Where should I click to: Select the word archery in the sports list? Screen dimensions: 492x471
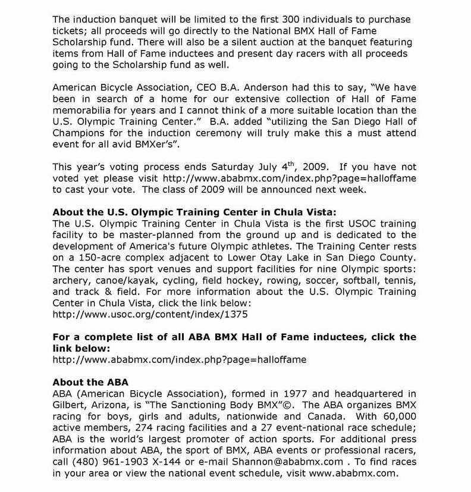tap(71, 280)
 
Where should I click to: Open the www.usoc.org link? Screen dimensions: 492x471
tap(150, 314)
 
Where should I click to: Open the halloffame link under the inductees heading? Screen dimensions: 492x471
tap(179, 359)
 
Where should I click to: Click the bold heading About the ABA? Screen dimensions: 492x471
tap(90, 381)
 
